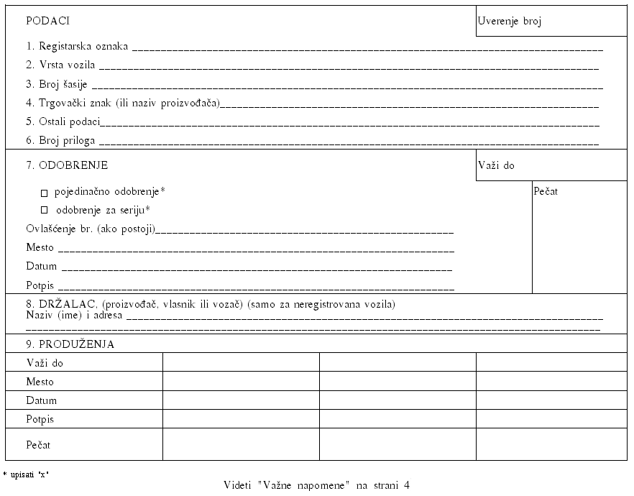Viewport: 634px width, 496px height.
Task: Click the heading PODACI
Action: [x=47, y=21]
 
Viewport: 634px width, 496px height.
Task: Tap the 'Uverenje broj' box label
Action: [x=510, y=22]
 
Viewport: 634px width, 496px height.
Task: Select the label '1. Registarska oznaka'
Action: [x=77, y=46]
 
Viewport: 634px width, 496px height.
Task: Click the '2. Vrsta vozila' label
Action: [x=60, y=65]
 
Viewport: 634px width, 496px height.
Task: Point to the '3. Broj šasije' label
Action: [x=57, y=84]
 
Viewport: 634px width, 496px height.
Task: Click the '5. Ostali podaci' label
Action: [x=63, y=121]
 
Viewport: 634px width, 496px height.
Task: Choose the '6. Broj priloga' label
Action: [x=60, y=141]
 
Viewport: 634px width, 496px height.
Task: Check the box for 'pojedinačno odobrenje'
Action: [x=44, y=193]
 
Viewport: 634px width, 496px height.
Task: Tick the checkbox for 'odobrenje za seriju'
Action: [x=44, y=211]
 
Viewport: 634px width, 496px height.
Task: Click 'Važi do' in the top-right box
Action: [x=497, y=166]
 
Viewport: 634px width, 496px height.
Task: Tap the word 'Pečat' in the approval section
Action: [x=546, y=191]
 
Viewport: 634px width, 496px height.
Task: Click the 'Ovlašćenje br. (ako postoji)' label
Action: [x=91, y=229]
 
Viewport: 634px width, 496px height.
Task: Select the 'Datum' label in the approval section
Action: [x=41, y=267]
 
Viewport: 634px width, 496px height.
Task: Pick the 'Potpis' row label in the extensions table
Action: [x=40, y=419]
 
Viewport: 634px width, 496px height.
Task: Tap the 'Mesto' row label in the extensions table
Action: [x=40, y=382]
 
